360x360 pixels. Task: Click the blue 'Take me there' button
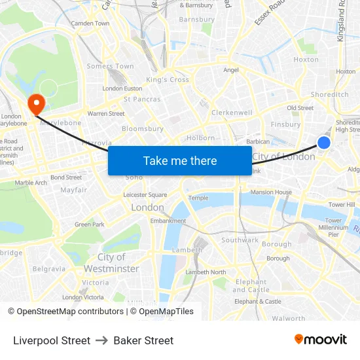click(x=180, y=160)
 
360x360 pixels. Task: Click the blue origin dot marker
click(x=324, y=142)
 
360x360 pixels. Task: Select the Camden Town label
click(x=90, y=24)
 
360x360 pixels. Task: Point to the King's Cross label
click(x=168, y=80)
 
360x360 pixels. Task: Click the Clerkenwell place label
click(x=232, y=113)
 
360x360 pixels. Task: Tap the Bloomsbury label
click(x=143, y=129)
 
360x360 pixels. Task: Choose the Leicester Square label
click(x=145, y=195)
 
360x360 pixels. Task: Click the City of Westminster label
click(x=111, y=263)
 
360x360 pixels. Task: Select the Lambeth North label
click(x=206, y=272)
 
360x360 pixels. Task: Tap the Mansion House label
click(x=271, y=192)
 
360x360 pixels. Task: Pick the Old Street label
click(x=300, y=108)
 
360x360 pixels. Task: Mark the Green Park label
click(x=90, y=225)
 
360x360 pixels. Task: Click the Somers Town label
click(x=110, y=66)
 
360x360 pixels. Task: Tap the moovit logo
click(x=321, y=340)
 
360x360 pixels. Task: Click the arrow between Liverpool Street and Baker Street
click(x=101, y=340)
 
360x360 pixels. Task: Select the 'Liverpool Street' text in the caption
click(x=52, y=340)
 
